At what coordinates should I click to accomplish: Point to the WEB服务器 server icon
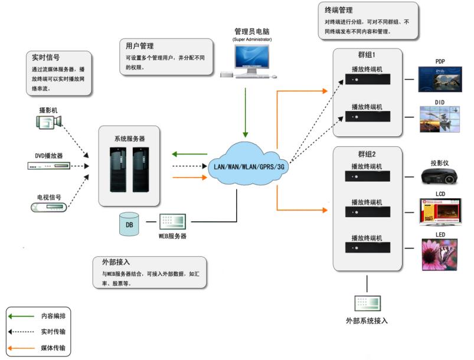click(x=172, y=221)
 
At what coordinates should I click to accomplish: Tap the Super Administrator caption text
click(x=252, y=39)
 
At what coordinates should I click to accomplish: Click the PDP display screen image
click(x=439, y=78)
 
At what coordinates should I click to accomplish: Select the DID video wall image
click(x=439, y=120)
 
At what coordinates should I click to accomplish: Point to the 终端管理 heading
click(x=339, y=10)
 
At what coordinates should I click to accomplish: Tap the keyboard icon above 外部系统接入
click(x=367, y=303)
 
